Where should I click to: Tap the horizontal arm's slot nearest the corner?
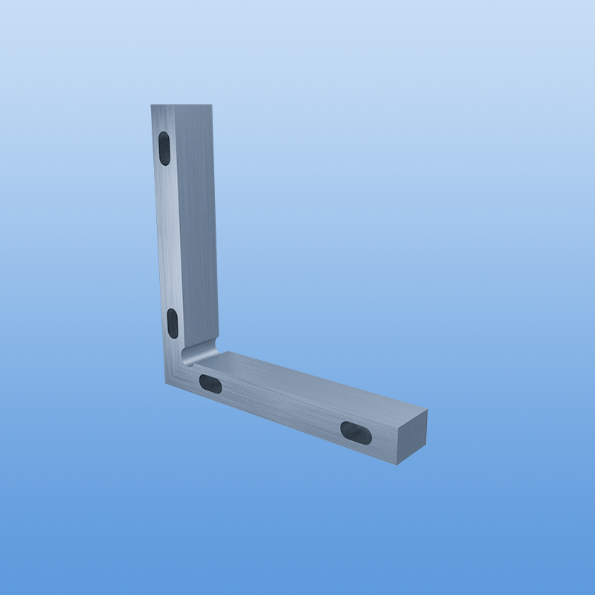pyautogui.click(x=210, y=383)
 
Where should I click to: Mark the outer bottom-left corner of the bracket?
pyautogui.click(x=166, y=384)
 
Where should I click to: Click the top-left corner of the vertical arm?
pyautogui.click(x=151, y=105)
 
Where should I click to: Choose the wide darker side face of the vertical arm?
pyautogui.click(x=196, y=223)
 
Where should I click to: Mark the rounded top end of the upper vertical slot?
pyautogui.click(x=164, y=136)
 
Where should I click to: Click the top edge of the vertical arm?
pyautogui.click(x=182, y=105)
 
